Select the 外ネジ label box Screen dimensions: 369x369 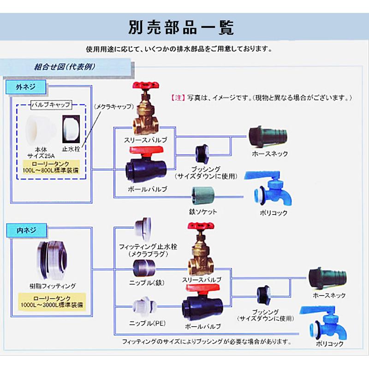(25, 86)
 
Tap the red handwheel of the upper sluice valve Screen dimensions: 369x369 (144, 87)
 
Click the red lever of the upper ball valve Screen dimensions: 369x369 (145, 151)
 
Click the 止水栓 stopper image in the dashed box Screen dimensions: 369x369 (71, 129)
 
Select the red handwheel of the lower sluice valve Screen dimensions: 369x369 (200, 227)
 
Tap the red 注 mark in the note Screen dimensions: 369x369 (179, 98)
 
